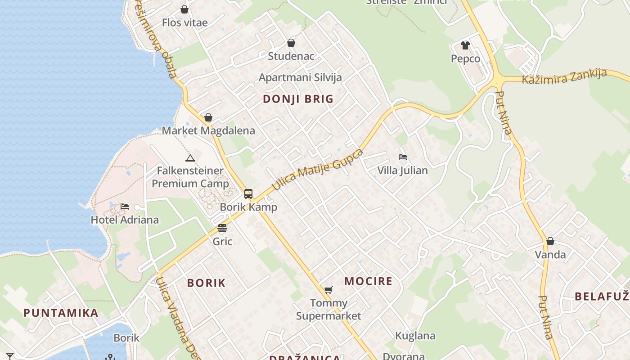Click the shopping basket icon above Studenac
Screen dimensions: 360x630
click(291, 43)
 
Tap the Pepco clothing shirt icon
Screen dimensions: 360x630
click(465, 45)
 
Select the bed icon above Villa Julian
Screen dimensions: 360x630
click(403, 157)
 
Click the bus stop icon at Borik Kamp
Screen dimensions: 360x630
click(248, 194)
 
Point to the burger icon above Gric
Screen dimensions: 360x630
click(222, 228)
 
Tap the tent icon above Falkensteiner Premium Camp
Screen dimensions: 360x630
click(190, 158)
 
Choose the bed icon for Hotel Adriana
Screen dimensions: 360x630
click(125, 207)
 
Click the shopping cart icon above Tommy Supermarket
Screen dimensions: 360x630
click(328, 290)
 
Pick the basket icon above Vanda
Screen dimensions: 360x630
click(550, 242)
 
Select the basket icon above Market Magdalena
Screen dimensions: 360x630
click(208, 118)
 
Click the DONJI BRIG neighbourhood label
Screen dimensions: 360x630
click(298, 99)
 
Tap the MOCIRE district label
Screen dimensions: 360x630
click(369, 281)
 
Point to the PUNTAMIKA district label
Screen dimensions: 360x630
click(61, 313)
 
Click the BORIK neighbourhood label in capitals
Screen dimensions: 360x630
click(206, 283)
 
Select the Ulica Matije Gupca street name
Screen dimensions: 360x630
click(318, 169)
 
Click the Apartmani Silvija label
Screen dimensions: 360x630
click(300, 77)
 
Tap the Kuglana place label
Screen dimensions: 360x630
click(415, 336)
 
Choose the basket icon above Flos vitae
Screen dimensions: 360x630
click(184, 9)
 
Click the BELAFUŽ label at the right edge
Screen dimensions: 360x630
click(602, 296)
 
